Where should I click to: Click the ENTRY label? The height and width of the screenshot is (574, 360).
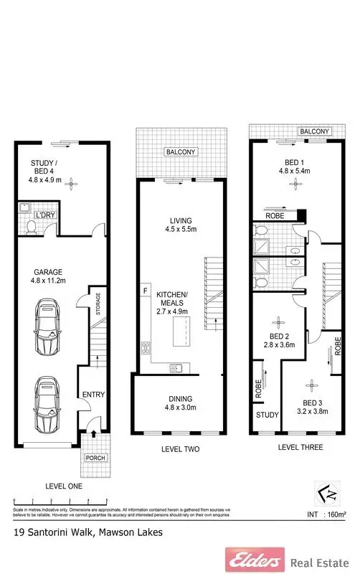(93, 394)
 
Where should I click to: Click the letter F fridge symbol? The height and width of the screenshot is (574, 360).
(146, 291)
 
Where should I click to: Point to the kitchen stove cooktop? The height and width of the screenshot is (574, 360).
(146, 350)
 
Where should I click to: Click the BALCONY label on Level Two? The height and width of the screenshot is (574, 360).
(179, 152)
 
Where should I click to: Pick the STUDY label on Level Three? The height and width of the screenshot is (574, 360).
(266, 414)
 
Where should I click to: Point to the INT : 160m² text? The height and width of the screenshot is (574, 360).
(326, 514)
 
